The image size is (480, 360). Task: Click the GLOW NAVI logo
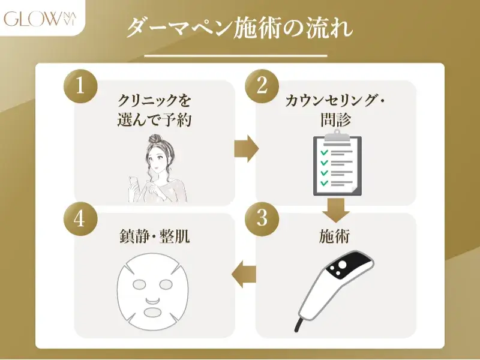tap(40, 18)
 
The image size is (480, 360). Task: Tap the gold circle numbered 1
tap(80, 86)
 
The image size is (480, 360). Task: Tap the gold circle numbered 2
tap(262, 86)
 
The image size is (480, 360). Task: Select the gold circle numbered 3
tap(262, 218)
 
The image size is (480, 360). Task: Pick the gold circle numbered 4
tap(80, 218)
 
